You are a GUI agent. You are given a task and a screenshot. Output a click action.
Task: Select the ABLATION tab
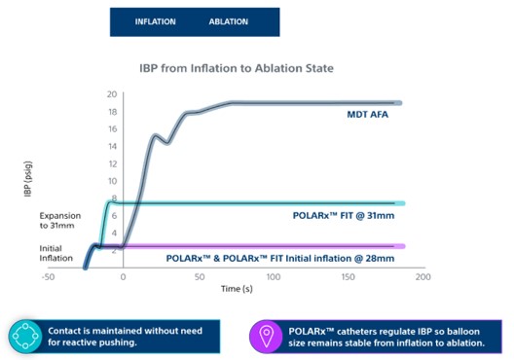[228, 20]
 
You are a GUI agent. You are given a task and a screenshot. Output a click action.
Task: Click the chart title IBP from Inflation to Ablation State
[238, 68]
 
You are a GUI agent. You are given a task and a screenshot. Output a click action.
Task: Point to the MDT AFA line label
[370, 115]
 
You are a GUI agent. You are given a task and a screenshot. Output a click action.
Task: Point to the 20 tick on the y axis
[112, 94]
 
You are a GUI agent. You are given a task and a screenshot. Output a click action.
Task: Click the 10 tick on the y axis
[112, 181]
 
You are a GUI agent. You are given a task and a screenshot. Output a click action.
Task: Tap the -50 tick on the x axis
[48, 276]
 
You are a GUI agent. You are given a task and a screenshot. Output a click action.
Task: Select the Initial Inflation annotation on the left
[58, 253]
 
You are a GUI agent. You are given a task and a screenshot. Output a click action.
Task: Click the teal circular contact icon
[22, 337]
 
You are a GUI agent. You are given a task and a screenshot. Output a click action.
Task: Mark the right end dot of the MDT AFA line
[397, 102]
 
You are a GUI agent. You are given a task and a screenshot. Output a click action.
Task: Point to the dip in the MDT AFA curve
[167, 142]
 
